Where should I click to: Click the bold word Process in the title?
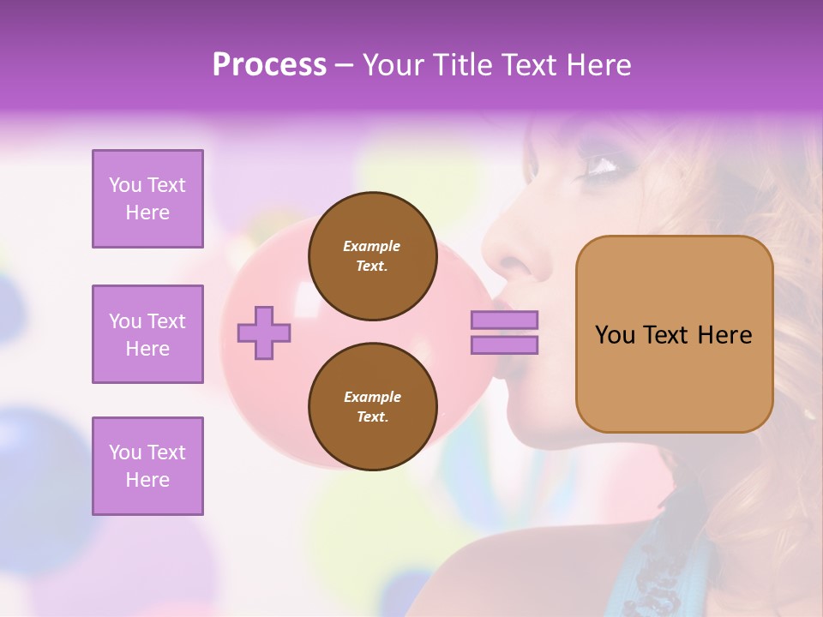pyautogui.click(x=269, y=65)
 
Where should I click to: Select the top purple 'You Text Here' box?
pyautogui.click(x=147, y=199)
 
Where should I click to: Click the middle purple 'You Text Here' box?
pyautogui.click(x=147, y=334)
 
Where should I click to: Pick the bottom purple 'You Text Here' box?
pyautogui.click(x=147, y=466)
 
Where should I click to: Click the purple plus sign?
pyautogui.click(x=263, y=332)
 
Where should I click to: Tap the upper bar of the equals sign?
pyautogui.click(x=504, y=320)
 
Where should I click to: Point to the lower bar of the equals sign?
pyautogui.click(x=504, y=344)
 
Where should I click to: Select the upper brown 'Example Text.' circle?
pyautogui.click(x=372, y=256)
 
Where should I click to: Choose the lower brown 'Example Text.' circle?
pyautogui.click(x=372, y=407)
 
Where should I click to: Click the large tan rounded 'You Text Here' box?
pyautogui.click(x=674, y=334)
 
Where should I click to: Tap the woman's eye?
pyautogui.click(x=605, y=164)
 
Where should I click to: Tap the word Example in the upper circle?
pyautogui.click(x=372, y=246)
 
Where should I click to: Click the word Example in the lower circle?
pyautogui.click(x=372, y=397)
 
